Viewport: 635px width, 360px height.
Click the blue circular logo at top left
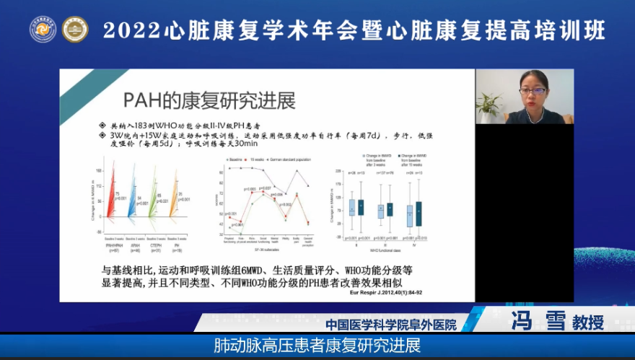point(43,29)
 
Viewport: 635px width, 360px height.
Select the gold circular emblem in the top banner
point(75,29)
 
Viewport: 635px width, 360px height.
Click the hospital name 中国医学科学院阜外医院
point(392,325)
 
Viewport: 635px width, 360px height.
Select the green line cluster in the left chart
point(153,202)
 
